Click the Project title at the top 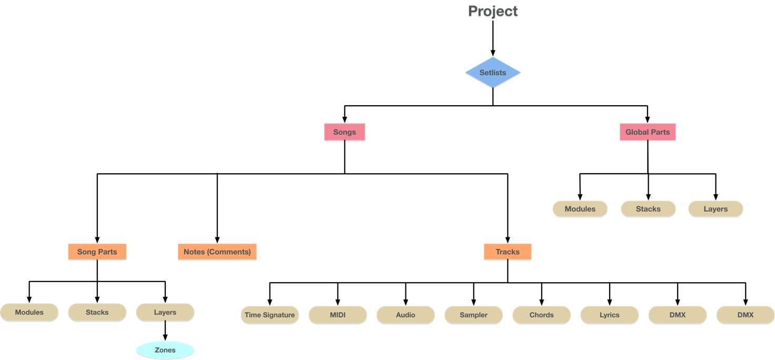click(x=493, y=12)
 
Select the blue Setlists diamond click(x=493, y=73)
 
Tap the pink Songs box click(x=344, y=132)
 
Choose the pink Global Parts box click(x=648, y=132)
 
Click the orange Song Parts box click(x=97, y=252)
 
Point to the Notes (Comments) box click(x=217, y=252)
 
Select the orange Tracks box click(x=508, y=252)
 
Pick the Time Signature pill click(x=270, y=315)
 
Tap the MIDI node click(x=337, y=315)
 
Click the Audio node click(x=405, y=315)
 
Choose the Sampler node click(x=473, y=315)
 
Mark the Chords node click(x=541, y=315)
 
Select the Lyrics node click(x=609, y=315)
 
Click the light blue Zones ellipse click(x=165, y=350)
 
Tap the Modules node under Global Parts click(x=580, y=209)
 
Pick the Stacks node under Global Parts click(x=648, y=209)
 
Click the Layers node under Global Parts click(x=716, y=209)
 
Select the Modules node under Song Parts click(x=29, y=312)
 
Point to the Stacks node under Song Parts click(x=97, y=312)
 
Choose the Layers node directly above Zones click(x=165, y=312)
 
